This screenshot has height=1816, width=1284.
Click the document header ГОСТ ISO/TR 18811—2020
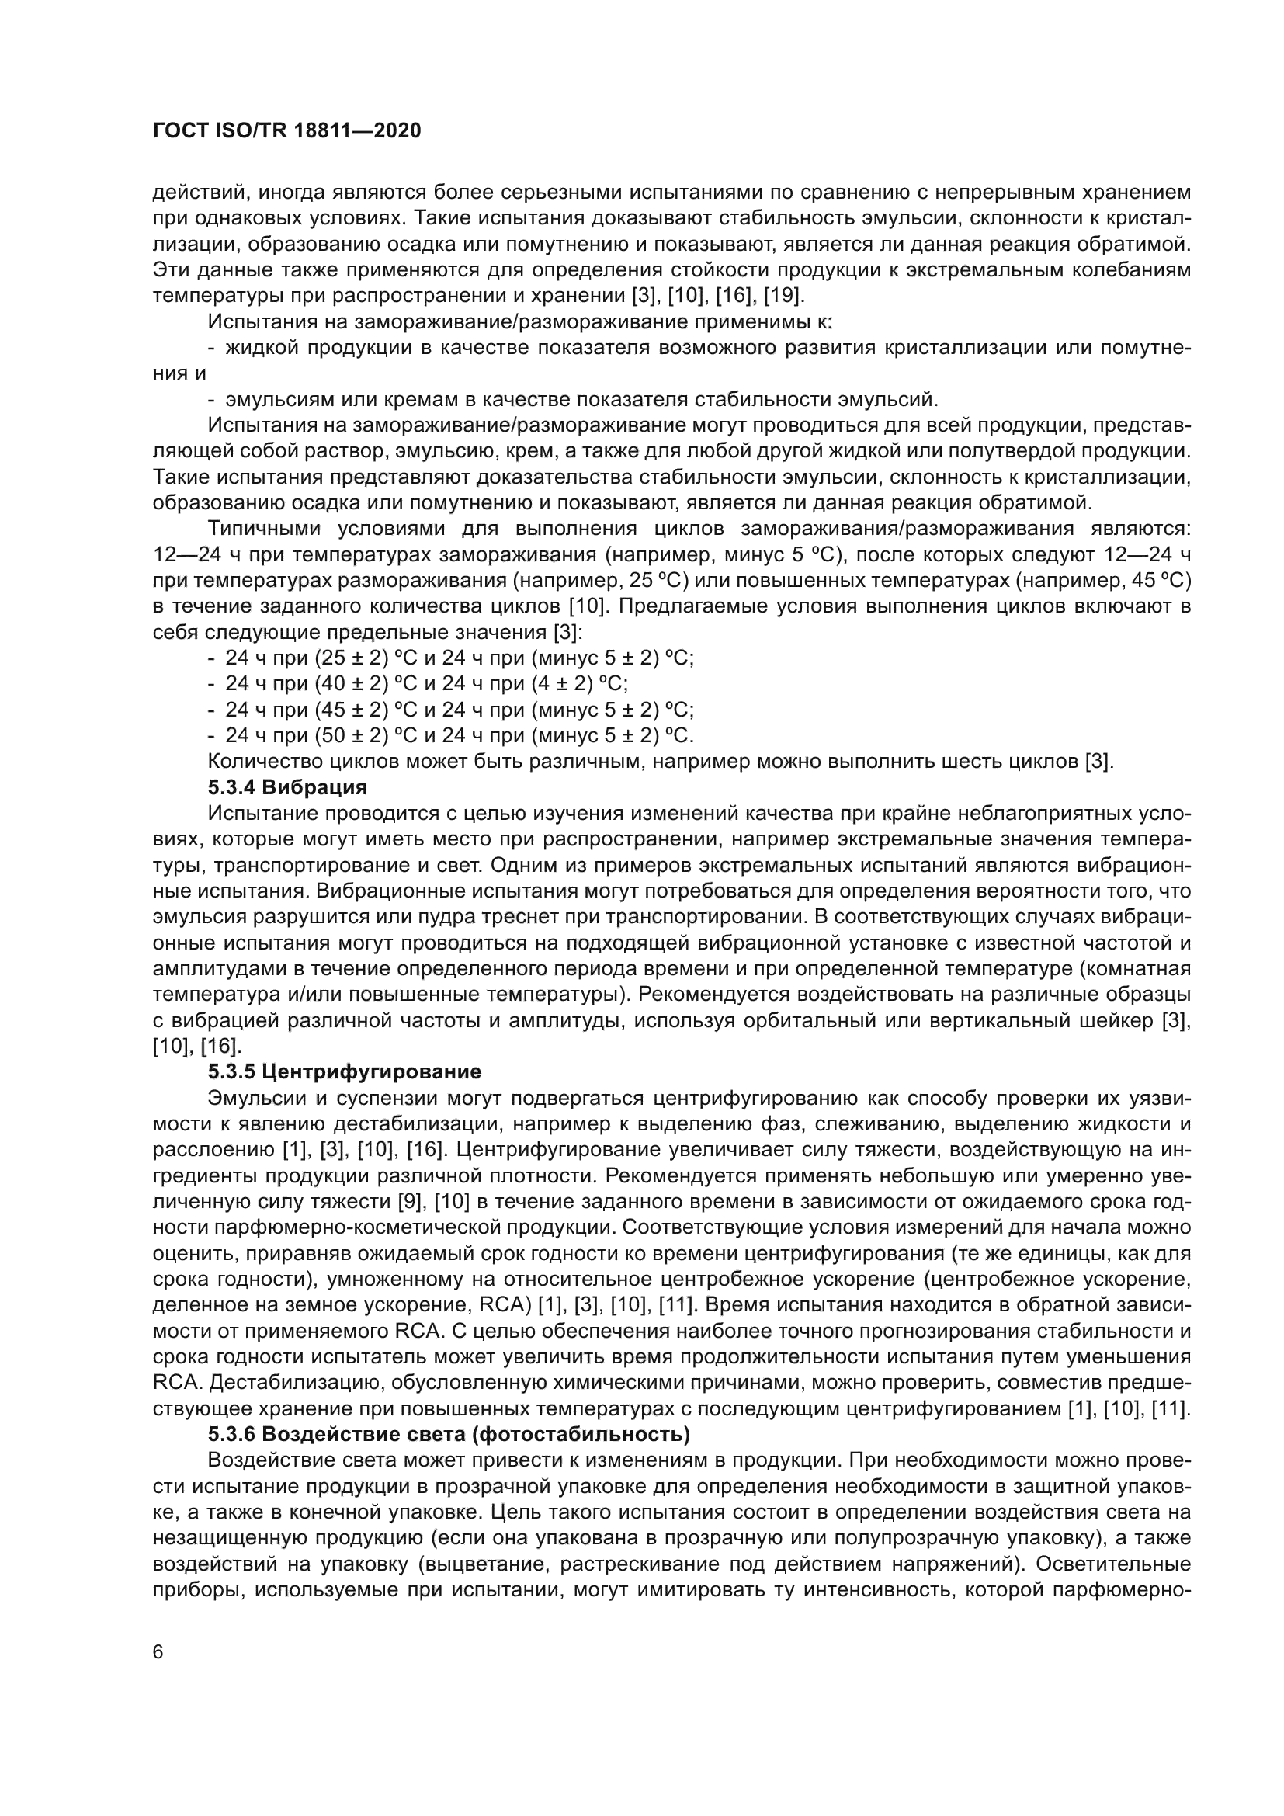click(x=286, y=130)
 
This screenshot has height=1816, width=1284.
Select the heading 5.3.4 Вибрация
click(x=288, y=787)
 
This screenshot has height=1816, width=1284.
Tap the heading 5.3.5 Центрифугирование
click(x=345, y=1071)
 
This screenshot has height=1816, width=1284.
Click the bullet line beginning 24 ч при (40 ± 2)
click(x=427, y=683)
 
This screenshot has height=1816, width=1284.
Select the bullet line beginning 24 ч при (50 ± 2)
click(x=459, y=735)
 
